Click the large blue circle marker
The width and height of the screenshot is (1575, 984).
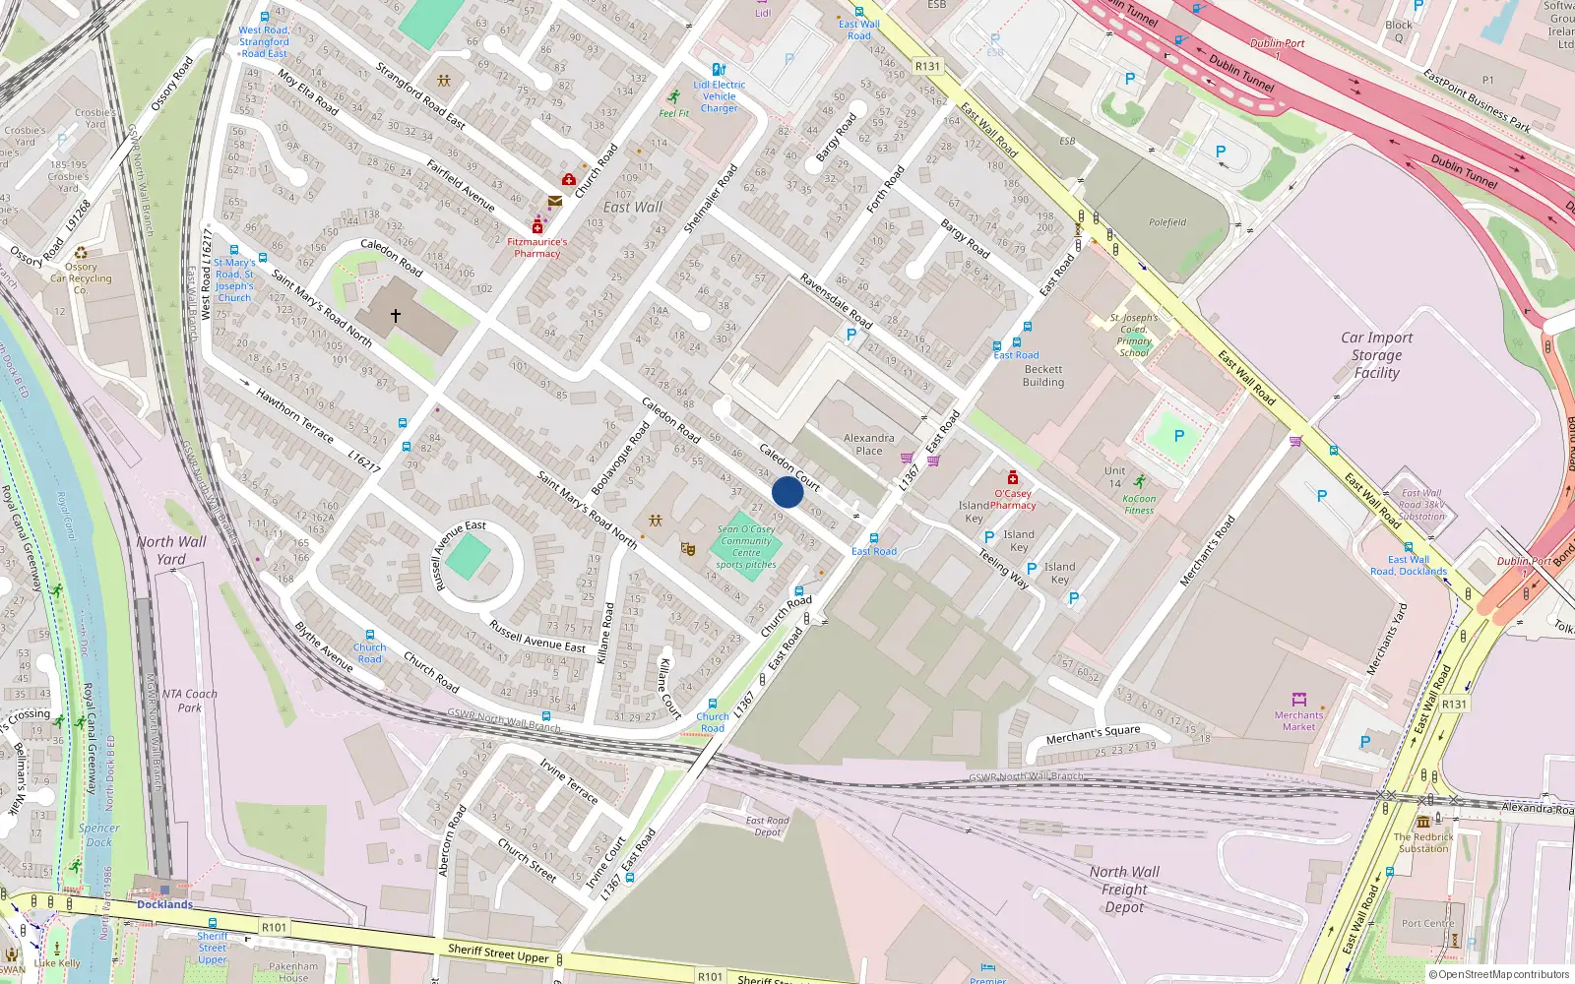[x=787, y=492]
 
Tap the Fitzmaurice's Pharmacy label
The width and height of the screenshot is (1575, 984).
[x=536, y=247]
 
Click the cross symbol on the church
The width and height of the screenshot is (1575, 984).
[x=396, y=316]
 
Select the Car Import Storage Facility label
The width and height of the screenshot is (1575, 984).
[x=1376, y=355]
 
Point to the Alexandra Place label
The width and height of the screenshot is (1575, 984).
[x=868, y=445]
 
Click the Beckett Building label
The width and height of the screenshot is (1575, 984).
[x=1042, y=376]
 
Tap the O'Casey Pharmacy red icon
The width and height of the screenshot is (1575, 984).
[x=1012, y=478]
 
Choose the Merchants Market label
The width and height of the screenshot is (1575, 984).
[x=1298, y=720]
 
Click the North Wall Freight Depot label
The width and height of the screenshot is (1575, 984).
[x=1124, y=889]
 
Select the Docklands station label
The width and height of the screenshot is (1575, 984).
[x=164, y=904]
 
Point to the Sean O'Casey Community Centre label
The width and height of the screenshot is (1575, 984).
[x=746, y=547]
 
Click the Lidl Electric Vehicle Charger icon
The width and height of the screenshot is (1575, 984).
[x=719, y=70]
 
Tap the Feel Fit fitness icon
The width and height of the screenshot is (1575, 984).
[x=673, y=97]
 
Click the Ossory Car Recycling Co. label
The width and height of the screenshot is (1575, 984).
[x=81, y=278]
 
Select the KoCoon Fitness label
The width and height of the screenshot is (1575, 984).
[x=1139, y=504]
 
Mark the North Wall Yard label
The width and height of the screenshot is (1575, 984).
[x=171, y=550]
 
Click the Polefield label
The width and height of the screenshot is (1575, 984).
[x=1167, y=222]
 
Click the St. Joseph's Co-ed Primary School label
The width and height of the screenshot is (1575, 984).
[x=1134, y=335]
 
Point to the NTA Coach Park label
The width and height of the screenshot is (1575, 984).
[x=189, y=701]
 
